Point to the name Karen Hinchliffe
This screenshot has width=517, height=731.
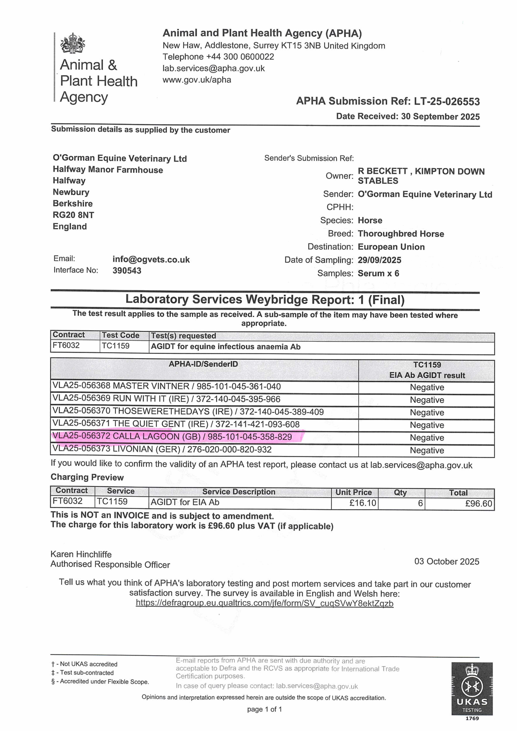81,554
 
